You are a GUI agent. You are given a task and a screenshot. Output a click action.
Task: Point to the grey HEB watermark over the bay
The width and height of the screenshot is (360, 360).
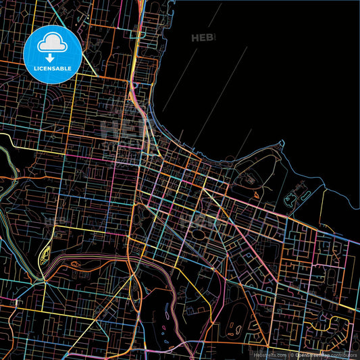point(203,38)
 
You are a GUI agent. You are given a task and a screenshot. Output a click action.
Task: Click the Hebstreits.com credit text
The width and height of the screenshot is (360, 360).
point(270,354)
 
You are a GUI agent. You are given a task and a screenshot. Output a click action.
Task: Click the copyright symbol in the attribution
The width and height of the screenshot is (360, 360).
point(291,354)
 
